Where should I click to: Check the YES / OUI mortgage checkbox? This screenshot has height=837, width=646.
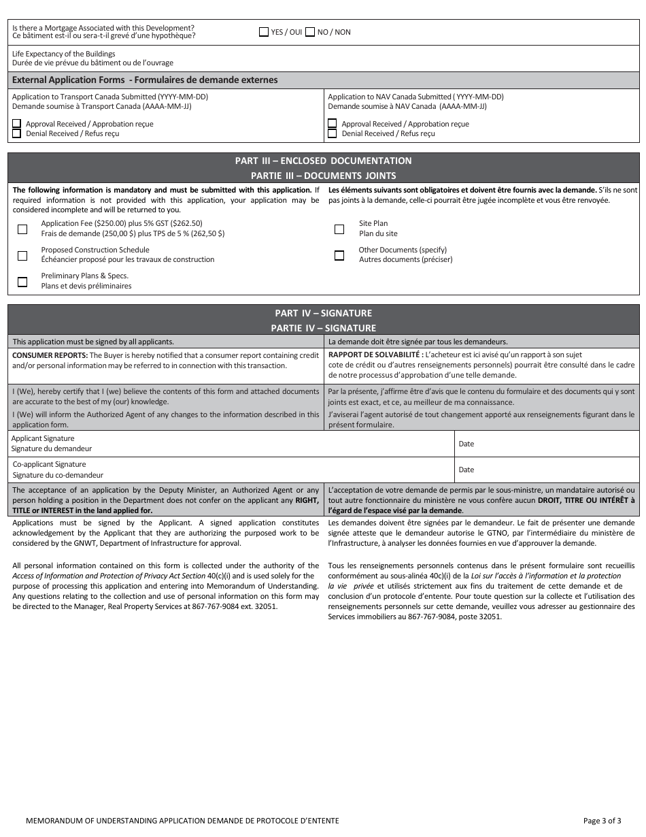tap(264, 32)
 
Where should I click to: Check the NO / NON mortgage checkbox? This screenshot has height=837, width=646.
tap(310, 32)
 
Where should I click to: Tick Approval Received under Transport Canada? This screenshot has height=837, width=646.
tap(16, 124)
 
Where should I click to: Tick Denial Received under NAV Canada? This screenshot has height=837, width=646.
tap(333, 133)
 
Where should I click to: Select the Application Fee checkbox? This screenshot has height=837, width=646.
tap(22, 229)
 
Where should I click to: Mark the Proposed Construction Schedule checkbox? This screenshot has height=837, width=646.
tap(22, 255)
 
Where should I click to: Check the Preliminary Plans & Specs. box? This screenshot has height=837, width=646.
tap(22, 282)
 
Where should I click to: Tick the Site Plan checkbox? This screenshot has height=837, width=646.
tap(339, 229)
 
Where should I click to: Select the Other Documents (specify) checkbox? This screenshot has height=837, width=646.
tap(339, 255)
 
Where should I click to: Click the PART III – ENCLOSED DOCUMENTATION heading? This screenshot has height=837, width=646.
tap(323, 161)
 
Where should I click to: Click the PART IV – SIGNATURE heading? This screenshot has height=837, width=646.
tap(323, 313)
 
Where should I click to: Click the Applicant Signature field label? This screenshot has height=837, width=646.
tap(43, 438)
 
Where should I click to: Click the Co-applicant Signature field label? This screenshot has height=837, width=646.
tap(49, 464)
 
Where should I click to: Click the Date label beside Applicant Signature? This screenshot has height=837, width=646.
tap(466, 444)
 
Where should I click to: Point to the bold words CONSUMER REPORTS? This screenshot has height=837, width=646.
tap(50, 355)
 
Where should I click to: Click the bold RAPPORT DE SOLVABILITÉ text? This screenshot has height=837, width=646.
tap(375, 355)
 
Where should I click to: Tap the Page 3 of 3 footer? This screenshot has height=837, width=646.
tap(602, 821)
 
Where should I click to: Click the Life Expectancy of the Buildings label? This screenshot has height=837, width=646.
tap(63, 54)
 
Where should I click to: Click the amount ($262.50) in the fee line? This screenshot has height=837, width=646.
tap(187, 223)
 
